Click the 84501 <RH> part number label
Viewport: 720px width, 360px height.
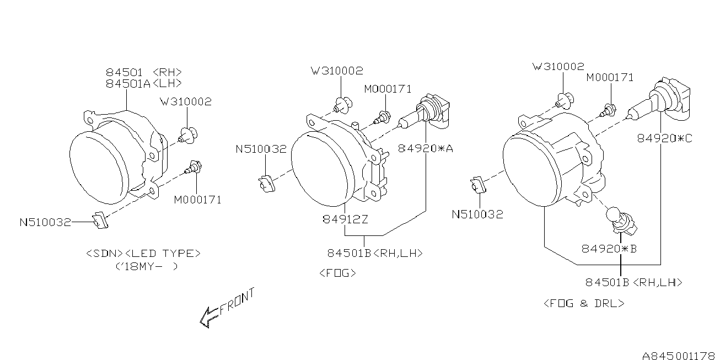144,72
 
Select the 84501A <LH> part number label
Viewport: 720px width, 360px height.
144,84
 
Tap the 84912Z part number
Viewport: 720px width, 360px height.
345,219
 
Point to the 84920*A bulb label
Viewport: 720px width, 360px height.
425,148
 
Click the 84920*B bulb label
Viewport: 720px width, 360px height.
609,249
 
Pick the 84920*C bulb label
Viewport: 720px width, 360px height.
665,138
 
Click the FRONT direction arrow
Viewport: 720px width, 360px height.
227,308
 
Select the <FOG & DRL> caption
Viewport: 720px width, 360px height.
584,303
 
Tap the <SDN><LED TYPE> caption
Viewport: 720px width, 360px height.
143,253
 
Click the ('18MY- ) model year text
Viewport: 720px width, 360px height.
147,266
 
